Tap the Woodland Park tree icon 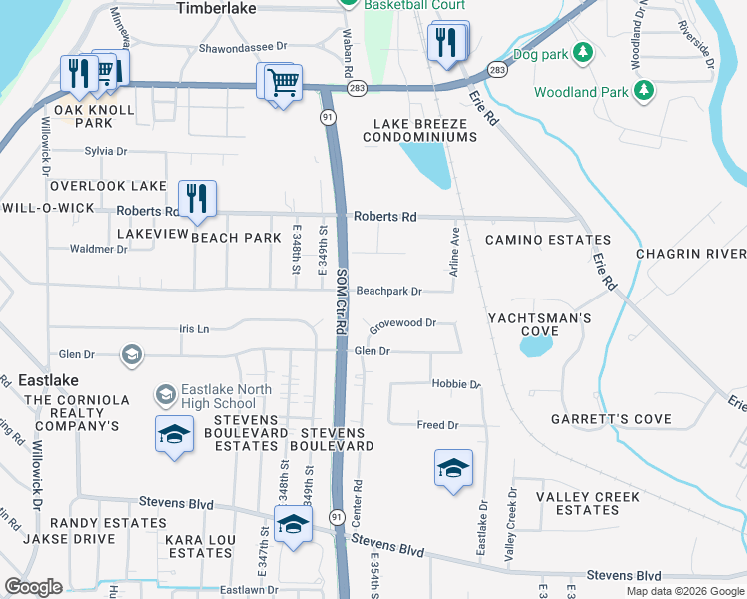pyautogui.click(x=645, y=92)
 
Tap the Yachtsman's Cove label pyautogui.click(x=540, y=325)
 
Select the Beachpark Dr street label pyautogui.click(x=389, y=292)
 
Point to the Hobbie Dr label pyautogui.click(x=456, y=384)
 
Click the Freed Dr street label pyautogui.click(x=437, y=425)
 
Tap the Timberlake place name pyautogui.click(x=216, y=8)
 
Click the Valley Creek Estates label pyautogui.click(x=588, y=503)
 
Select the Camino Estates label pyautogui.click(x=548, y=241)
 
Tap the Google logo pyautogui.click(x=33, y=587)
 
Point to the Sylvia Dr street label pyautogui.click(x=106, y=151)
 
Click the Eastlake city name pyautogui.click(x=48, y=380)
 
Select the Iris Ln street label pyautogui.click(x=194, y=328)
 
